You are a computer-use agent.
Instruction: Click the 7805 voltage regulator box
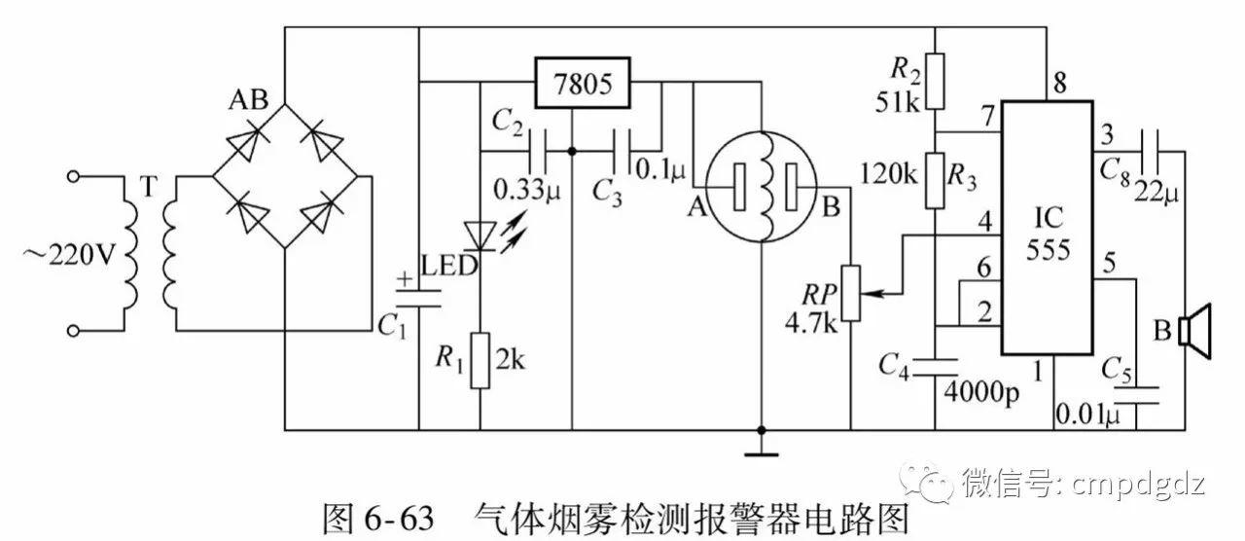coord(582,83)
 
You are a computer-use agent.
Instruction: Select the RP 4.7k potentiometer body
coord(851,293)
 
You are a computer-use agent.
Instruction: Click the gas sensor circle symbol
coord(763,186)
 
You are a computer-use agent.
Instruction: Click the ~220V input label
coord(68,256)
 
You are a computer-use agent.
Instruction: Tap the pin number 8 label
coord(1059,84)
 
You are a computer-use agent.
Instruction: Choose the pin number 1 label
coord(1038,370)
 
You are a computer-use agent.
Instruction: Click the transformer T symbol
coord(148,253)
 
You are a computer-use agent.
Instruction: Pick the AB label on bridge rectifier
coord(247,100)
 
